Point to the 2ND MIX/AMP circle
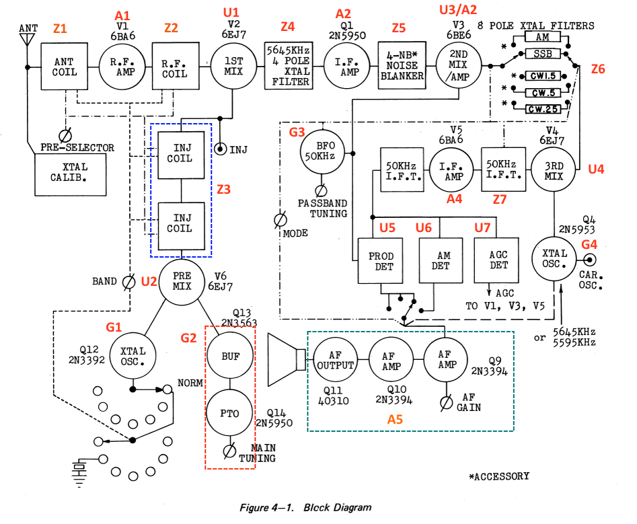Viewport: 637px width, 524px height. click(459, 67)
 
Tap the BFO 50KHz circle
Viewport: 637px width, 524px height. click(324, 151)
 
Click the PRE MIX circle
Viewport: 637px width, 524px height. click(182, 280)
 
